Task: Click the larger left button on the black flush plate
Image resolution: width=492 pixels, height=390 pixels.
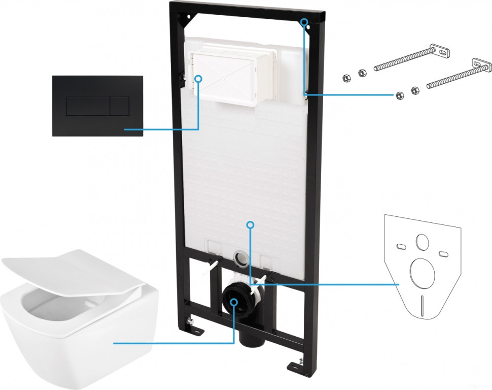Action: (88, 105)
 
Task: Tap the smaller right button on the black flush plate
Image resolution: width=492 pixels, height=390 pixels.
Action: (119, 105)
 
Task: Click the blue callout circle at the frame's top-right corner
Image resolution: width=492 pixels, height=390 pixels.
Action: (304, 22)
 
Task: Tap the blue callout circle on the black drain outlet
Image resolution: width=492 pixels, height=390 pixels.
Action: (233, 302)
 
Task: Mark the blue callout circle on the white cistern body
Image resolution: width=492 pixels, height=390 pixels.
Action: (249, 223)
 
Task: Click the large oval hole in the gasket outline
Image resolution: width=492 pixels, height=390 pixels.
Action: (420, 272)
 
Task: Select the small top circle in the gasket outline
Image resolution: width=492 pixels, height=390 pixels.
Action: (420, 242)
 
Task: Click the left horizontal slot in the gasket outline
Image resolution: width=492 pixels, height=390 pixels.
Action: (401, 247)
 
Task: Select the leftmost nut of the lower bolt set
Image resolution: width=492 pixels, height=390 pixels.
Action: (399, 95)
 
